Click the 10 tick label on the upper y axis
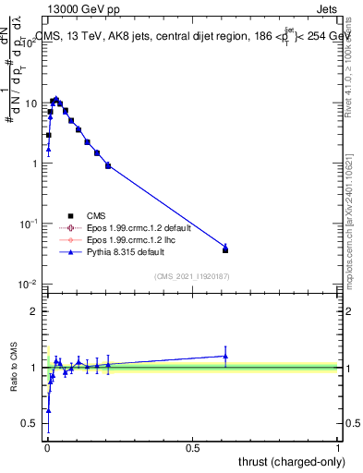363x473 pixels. point(29,103)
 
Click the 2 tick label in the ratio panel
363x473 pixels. point(33,311)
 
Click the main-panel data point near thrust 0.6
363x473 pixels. point(225,249)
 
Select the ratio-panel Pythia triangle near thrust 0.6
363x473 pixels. point(225,356)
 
